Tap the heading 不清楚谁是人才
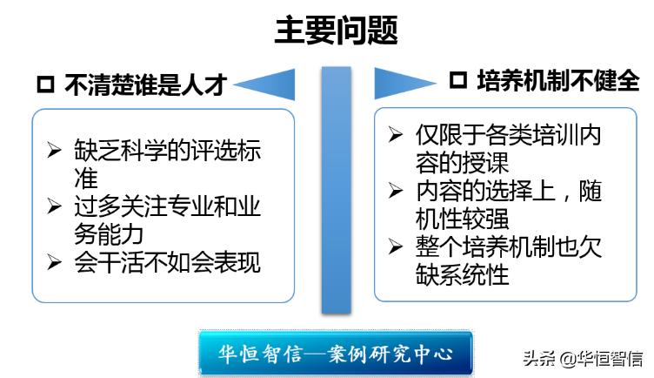pos(146,84)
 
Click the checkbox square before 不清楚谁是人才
pos(46,85)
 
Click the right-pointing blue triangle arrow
pos(403,83)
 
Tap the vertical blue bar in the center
pos(336,190)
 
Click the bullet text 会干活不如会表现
pos(167,262)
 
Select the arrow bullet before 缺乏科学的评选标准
pos(54,150)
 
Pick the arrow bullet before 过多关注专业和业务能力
pos(54,206)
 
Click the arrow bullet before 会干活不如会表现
pos(54,262)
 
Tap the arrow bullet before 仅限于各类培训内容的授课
pos(397,135)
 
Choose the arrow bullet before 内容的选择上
pos(397,191)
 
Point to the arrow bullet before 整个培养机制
pos(397,246)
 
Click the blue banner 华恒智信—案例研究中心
pos(336,354)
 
